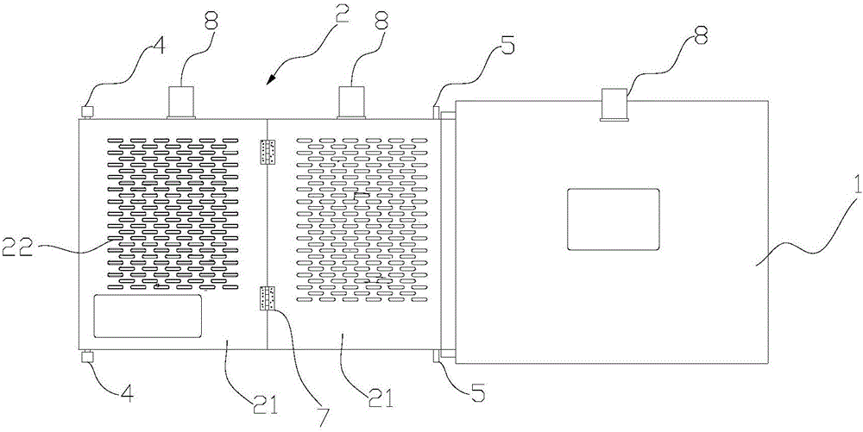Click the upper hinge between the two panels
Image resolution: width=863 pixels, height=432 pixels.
point(268,153)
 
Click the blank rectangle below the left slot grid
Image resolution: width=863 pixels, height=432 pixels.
point(148,316)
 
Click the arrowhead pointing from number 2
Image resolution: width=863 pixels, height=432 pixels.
point(269,81)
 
